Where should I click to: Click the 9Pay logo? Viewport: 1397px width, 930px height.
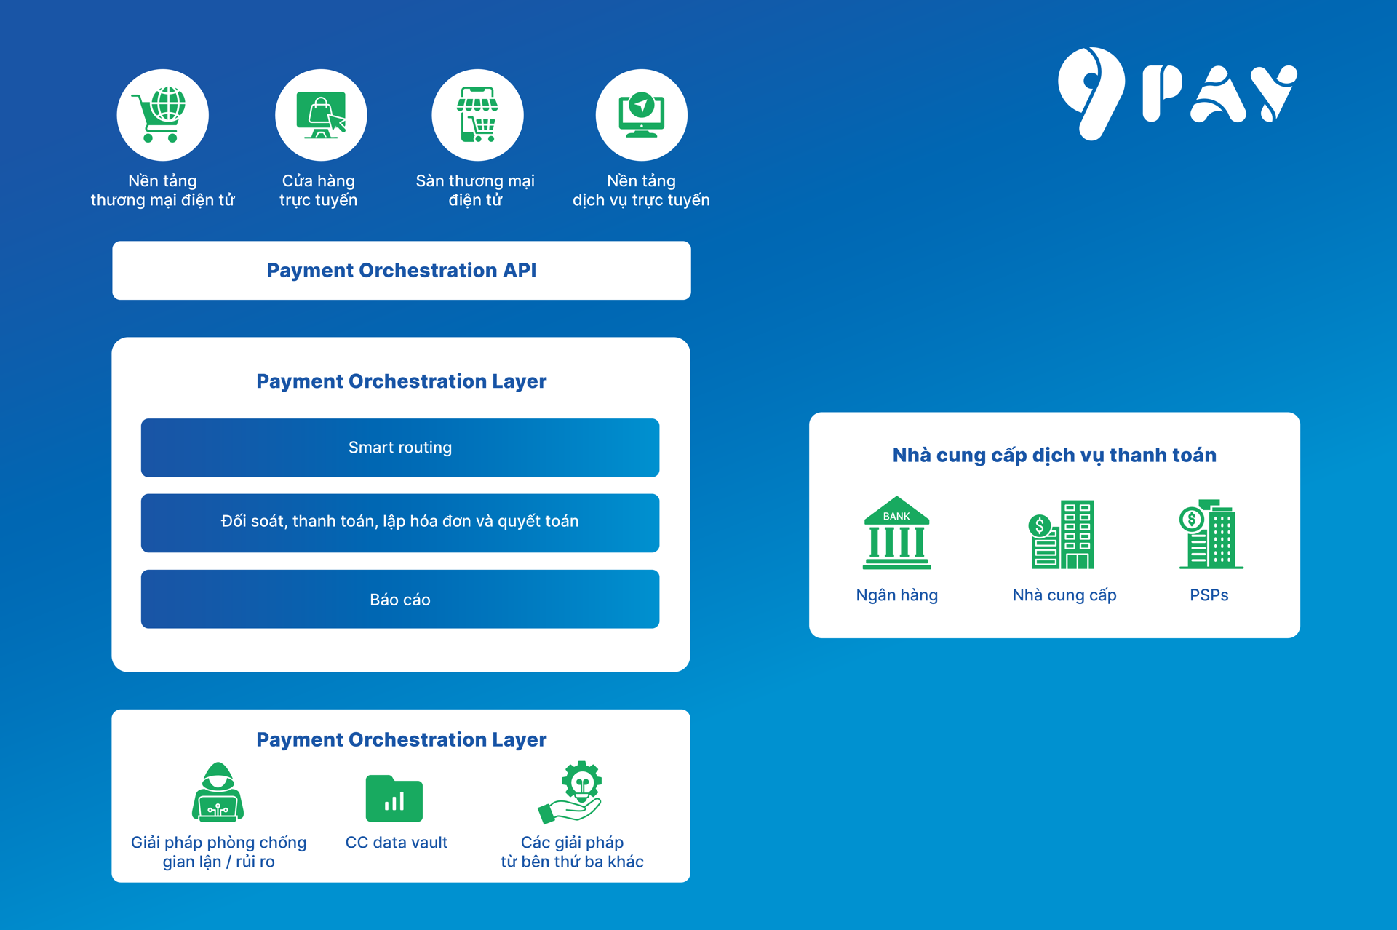pos(1177,94)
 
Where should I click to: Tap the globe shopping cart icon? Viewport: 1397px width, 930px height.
pos(162,115)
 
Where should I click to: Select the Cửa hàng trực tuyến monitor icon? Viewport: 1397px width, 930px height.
pos(321,115)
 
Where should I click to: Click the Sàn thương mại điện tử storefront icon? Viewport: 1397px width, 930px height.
pos(477,115)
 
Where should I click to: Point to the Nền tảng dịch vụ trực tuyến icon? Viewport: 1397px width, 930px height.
pos(641,115)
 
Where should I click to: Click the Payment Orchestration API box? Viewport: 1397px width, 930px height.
pos(401,271)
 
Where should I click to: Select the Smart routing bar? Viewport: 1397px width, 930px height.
pos(399,448)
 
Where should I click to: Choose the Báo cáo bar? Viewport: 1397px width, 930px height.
pos(399,599)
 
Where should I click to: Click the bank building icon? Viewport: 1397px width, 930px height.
pos(896,533)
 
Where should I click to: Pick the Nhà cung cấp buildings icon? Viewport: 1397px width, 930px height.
pos(1063,534)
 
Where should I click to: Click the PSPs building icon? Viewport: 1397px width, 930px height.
pos(1210,534)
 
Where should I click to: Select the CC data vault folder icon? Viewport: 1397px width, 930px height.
pos(394,798)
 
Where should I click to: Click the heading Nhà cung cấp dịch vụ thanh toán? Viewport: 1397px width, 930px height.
pos(1054,456)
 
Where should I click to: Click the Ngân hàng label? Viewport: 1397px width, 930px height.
pos(896,595)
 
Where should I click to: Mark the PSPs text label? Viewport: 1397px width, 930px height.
pos(1209,595)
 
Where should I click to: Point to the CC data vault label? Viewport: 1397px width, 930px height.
pos(396,843)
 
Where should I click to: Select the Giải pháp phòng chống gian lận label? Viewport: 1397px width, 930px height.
pos(218,852)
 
